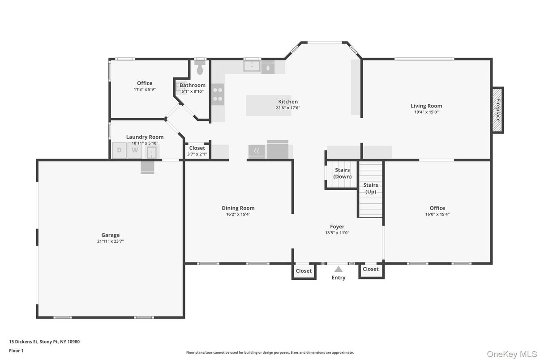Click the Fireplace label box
coord(497,110)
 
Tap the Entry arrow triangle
coord(339,269)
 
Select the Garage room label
coord(110,235)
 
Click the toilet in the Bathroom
coord(200,69)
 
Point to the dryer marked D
coord(119,150)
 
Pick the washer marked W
coord(134,150)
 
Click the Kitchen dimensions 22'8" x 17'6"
coord(288,108)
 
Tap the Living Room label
coord(426,106)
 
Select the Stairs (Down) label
coord(342,173)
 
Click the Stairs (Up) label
coord(370,188)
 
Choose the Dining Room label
coord(238,208)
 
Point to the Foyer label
coord(337,227)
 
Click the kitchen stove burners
coord(218,94)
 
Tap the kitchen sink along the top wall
coord(252,66)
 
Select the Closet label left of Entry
coord(304,271)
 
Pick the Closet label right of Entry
coord(370,269)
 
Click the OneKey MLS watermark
coord(512,354)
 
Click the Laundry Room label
coord(145,137)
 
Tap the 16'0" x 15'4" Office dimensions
coord(437,214)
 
